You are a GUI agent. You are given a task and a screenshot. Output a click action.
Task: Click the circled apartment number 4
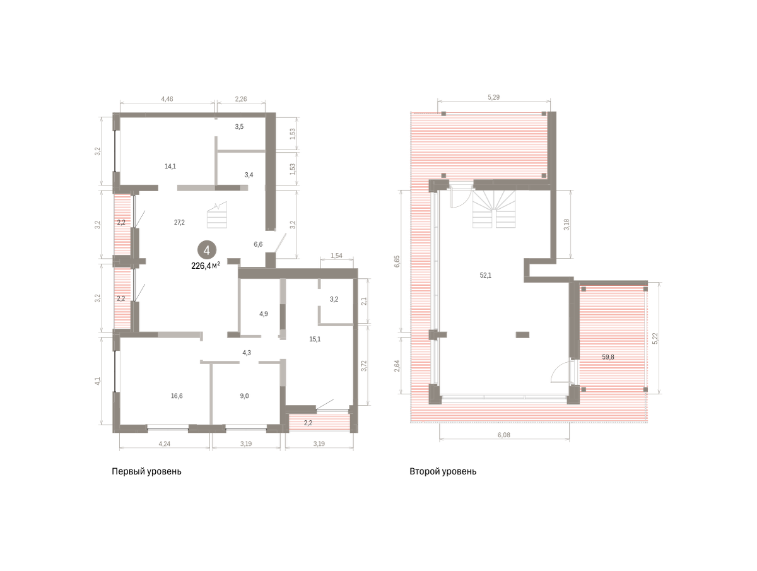(x=206, y=250)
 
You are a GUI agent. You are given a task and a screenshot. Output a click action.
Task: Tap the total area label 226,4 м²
(x=206, y=266)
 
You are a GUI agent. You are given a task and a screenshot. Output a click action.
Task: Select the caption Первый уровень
(x=146, y=471)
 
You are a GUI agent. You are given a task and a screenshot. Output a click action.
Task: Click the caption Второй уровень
(x=443, y=471)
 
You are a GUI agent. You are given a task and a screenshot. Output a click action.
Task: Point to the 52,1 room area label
(x=486, y=275)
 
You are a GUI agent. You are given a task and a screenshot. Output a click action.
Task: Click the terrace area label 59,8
(x=608, y=357)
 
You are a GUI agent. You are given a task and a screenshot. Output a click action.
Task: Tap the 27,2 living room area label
(x=179, y=222)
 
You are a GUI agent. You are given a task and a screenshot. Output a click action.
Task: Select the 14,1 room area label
(x=170, y=166)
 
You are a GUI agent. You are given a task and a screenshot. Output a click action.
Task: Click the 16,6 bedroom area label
(x=177, y=396)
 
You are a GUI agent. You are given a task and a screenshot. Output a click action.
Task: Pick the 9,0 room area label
(x=245, y=396)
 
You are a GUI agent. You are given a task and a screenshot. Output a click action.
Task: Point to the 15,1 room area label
(x=315, y=339)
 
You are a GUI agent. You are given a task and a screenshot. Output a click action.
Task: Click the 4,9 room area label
(x=264, y=314)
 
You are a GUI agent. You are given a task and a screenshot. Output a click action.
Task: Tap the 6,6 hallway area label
(x=258, y=244)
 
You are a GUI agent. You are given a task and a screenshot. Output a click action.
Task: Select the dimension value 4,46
(x=167, y=99)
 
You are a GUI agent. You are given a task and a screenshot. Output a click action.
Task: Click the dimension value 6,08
(x=504, y=435)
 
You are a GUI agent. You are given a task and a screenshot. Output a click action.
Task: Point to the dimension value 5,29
(x=494, y=97)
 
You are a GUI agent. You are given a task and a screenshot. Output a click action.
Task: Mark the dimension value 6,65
(x=397, y=261)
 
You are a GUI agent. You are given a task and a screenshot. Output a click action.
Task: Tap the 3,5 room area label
(x=239, y=127)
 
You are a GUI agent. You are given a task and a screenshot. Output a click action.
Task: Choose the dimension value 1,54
(x=337, y=256)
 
